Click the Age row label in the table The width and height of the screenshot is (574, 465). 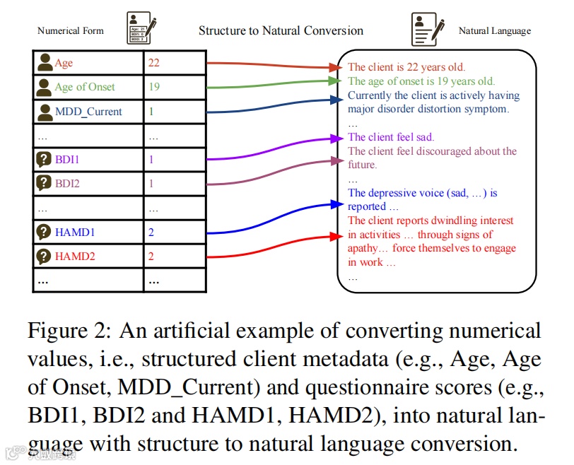[64, 64]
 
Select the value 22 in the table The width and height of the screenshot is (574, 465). [153, 63]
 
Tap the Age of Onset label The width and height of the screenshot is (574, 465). [85, 87]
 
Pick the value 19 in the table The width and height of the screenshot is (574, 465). [153, 87]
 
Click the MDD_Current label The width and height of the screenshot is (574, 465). [88, 111]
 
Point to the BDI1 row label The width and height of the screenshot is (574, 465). [67, 160]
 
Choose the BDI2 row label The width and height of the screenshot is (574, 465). [67, 184]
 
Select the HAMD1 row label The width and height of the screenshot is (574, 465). [74, 232]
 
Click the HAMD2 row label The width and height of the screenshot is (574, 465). [74, 256]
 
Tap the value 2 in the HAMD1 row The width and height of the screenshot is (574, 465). [151, 232]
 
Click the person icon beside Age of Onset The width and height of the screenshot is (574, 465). [45, 87]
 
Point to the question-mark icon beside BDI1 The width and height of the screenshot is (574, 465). [44, 160]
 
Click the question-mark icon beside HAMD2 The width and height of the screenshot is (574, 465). [44, 256]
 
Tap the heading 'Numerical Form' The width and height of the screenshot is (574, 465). [70, 30]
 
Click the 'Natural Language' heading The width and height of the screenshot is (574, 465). [495, 30]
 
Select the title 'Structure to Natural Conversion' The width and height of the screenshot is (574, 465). [281, 30]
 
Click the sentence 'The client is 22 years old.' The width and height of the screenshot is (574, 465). [406, 67]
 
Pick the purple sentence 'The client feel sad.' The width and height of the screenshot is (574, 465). [391, 137]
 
